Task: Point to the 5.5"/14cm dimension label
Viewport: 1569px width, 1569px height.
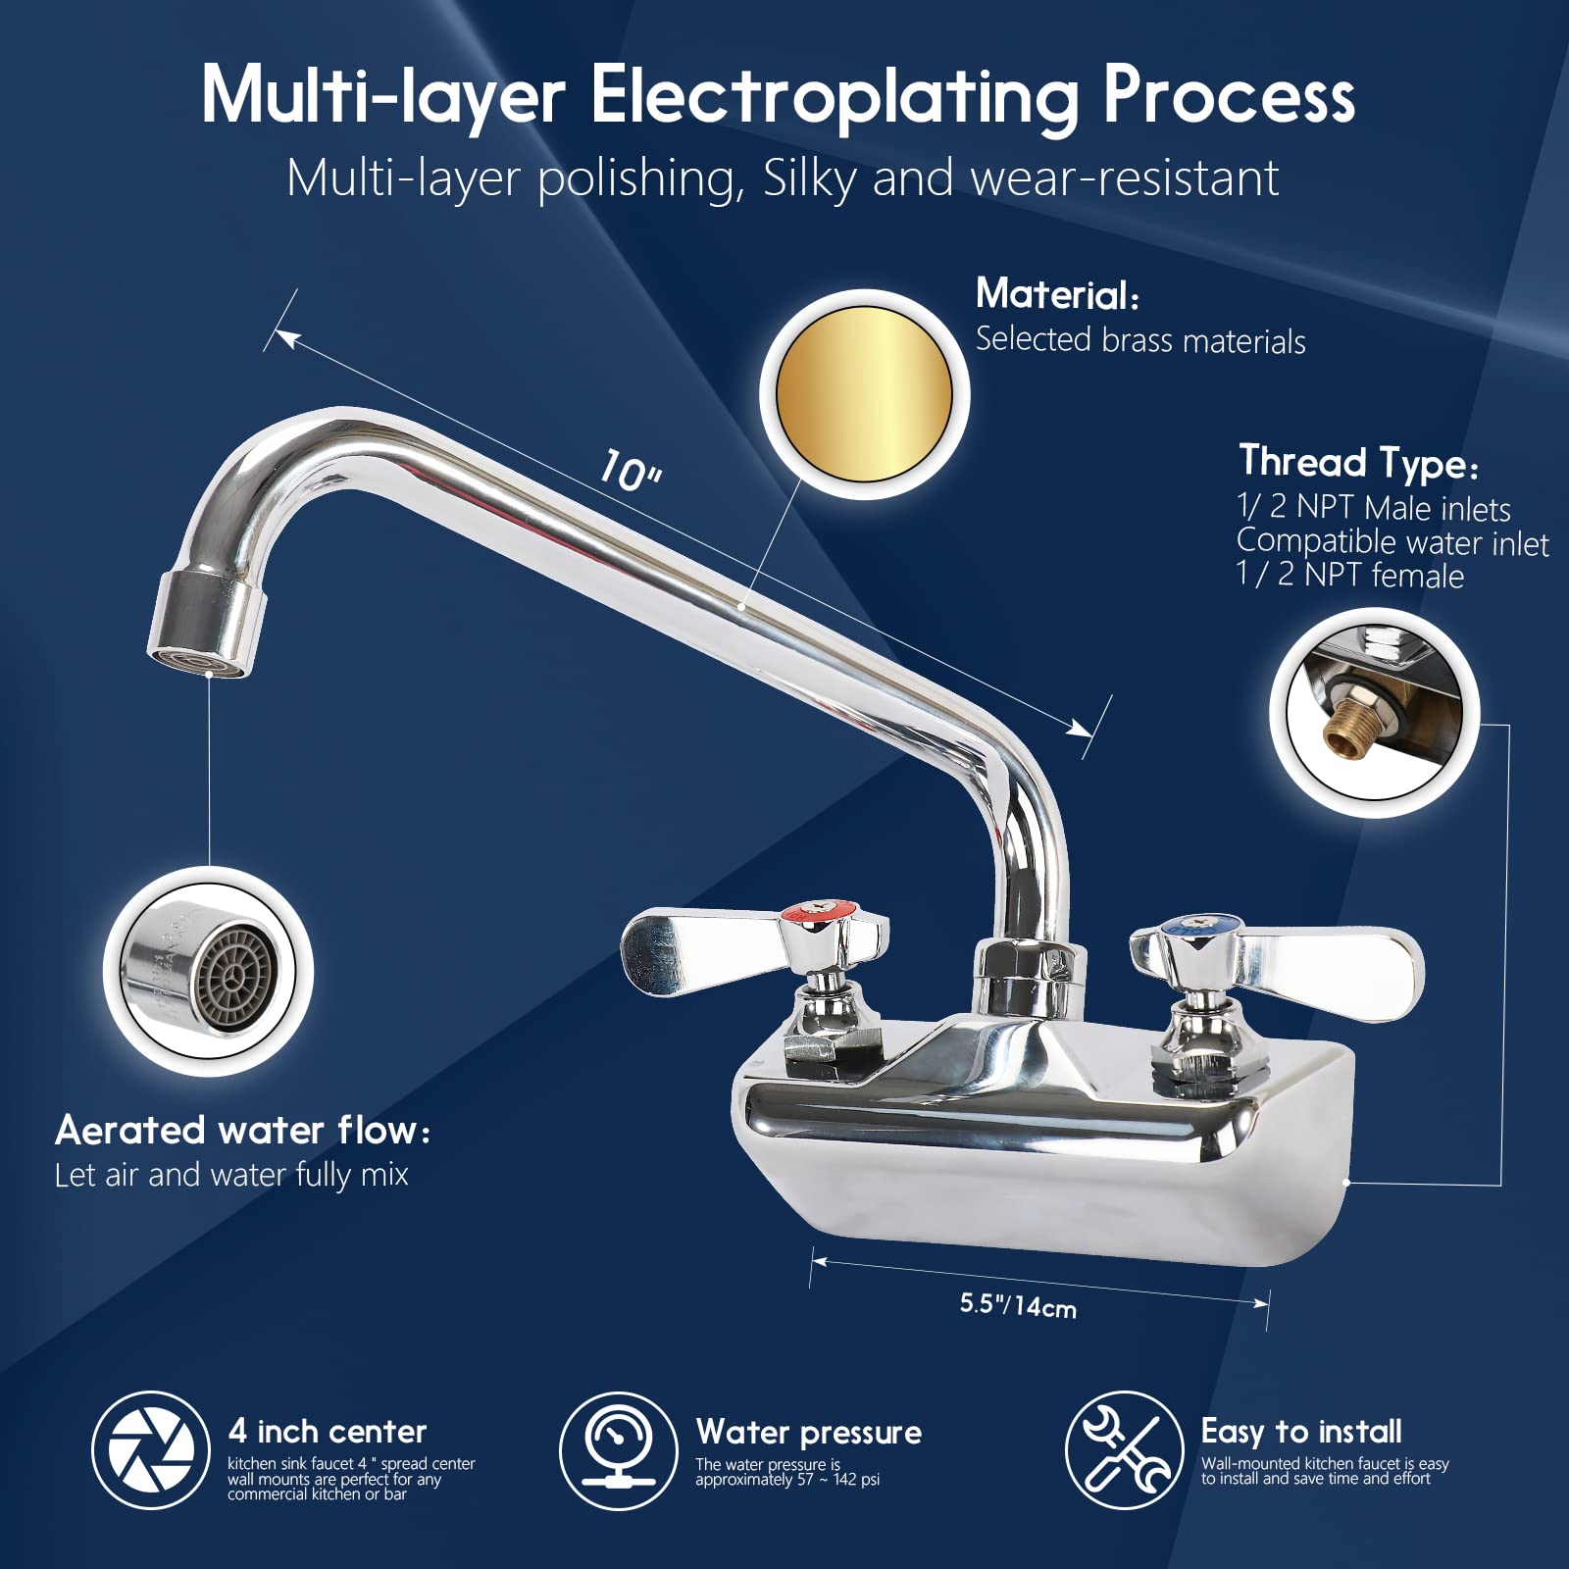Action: (1018, 1305)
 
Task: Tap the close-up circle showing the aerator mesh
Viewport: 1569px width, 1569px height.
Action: (208, 972)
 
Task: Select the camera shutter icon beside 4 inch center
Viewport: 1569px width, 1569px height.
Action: (151, 1450)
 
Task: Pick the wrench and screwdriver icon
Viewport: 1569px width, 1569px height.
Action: (1125, 1450)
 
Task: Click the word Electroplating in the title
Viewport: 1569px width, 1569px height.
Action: (835, 98)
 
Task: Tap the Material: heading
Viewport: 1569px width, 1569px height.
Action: (1057, 294)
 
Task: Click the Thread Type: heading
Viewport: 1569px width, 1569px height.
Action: (1358, 463)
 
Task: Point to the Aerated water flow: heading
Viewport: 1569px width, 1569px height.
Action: (242, 1131)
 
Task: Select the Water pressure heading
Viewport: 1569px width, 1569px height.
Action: (809, 1433)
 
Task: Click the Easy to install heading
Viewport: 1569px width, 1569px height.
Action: (1301, 1433)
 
